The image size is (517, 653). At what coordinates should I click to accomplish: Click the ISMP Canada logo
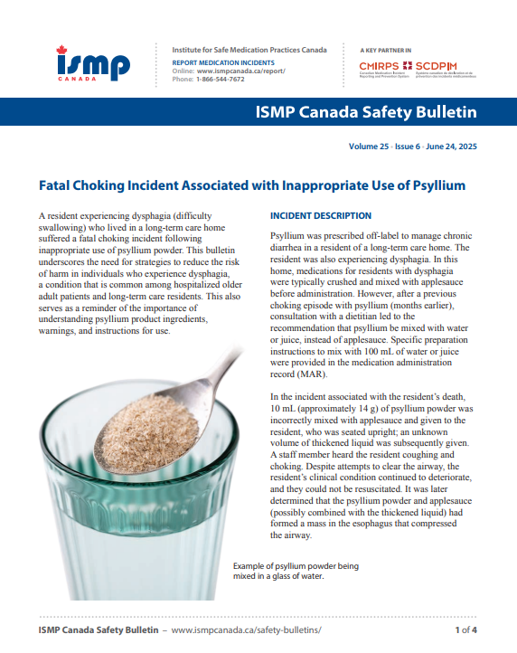point(93,64)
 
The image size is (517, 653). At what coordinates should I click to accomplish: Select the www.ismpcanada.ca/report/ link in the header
point(235,70)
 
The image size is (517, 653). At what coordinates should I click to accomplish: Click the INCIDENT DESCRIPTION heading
point(321,216)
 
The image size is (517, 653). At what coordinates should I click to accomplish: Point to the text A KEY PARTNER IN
point(386,50)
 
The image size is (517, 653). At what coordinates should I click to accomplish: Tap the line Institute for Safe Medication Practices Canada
point(249,50)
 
